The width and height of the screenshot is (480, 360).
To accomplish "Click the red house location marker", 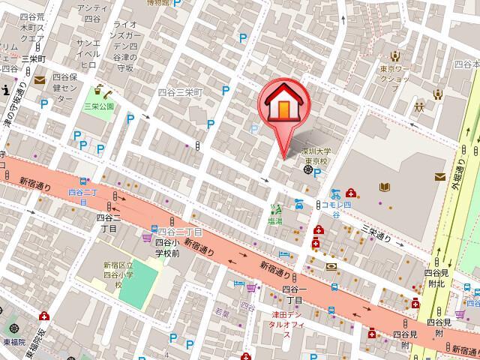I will click(283, 105).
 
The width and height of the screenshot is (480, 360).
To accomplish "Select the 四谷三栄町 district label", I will click(180, 92).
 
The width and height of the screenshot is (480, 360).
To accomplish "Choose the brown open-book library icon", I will click(385, 187).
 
